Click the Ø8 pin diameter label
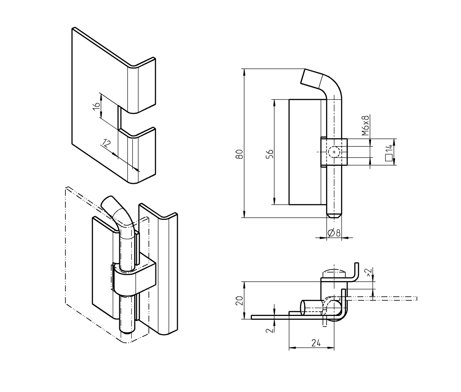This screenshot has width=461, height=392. [334, 232]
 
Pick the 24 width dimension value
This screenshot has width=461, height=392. [316, 343]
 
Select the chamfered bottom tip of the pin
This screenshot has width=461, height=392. [334, 215]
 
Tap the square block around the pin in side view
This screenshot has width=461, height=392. [334, 152]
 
